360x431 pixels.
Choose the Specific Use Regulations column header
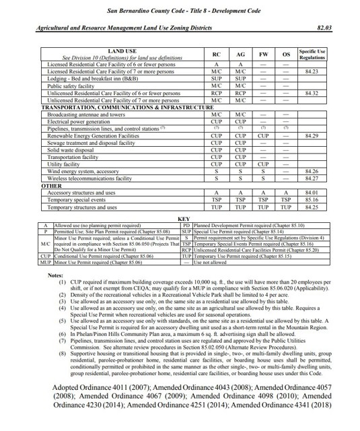(312, 54)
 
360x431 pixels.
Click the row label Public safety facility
(69, 86)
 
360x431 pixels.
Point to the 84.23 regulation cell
(312, 71)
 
